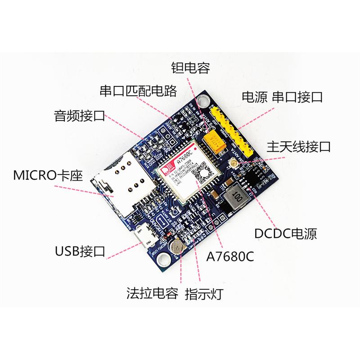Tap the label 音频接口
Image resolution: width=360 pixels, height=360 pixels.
coord(79,116)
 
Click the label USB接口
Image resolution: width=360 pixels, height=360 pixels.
coord(79,250)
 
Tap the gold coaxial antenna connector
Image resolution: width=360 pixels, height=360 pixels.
coord(233,163)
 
